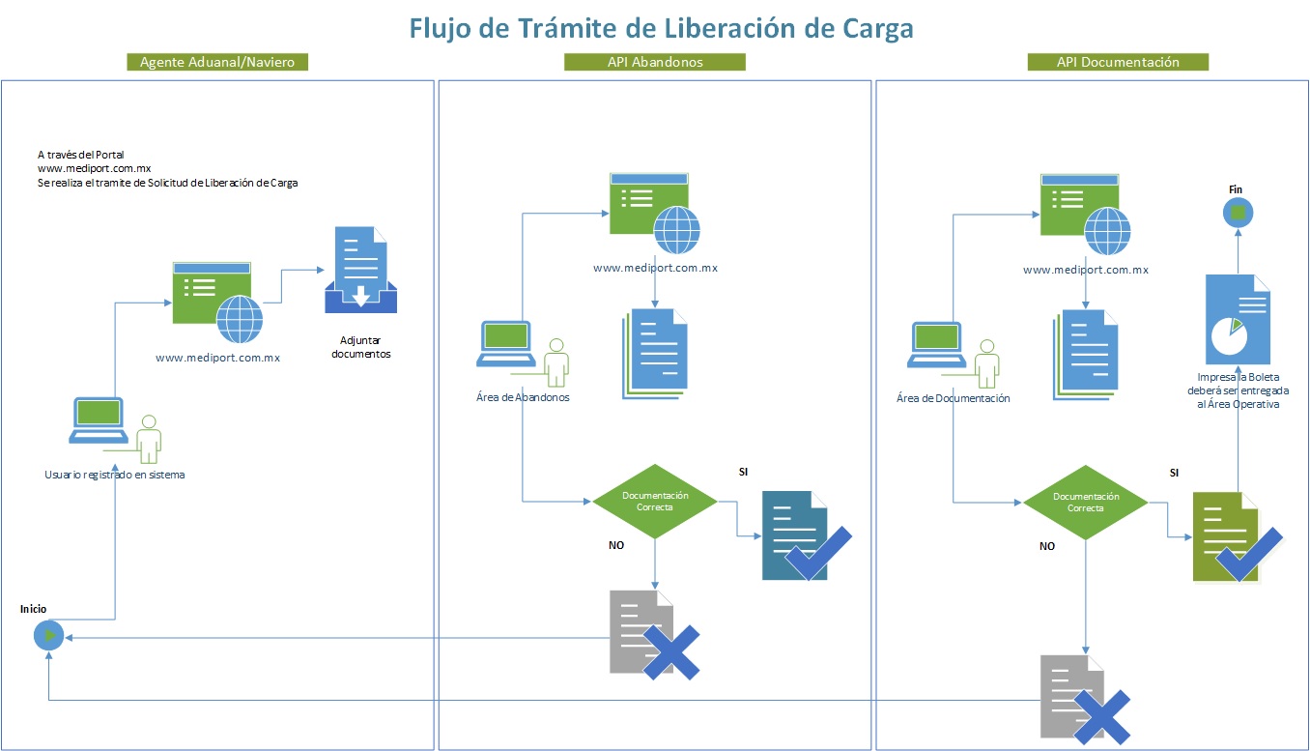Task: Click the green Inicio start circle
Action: click(x=48, y=636)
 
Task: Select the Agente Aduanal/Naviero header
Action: click(x=216, y=62)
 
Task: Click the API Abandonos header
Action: click(x=654, y=62)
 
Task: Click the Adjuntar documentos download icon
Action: click(x=359, y=272)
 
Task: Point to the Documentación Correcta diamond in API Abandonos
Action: click(x=655, y=502)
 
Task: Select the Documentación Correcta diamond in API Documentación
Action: click(x=1086, y=503)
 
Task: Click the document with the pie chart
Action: click(x=1238, y=319)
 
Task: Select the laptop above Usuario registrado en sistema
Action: click(x=99, y=420)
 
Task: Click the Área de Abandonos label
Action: click(x=523, y=397)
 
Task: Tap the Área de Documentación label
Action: click(x=953, y=398)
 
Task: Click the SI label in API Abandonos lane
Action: click(x=742, y=472)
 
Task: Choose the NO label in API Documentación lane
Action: click(x=1046, y=546)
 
